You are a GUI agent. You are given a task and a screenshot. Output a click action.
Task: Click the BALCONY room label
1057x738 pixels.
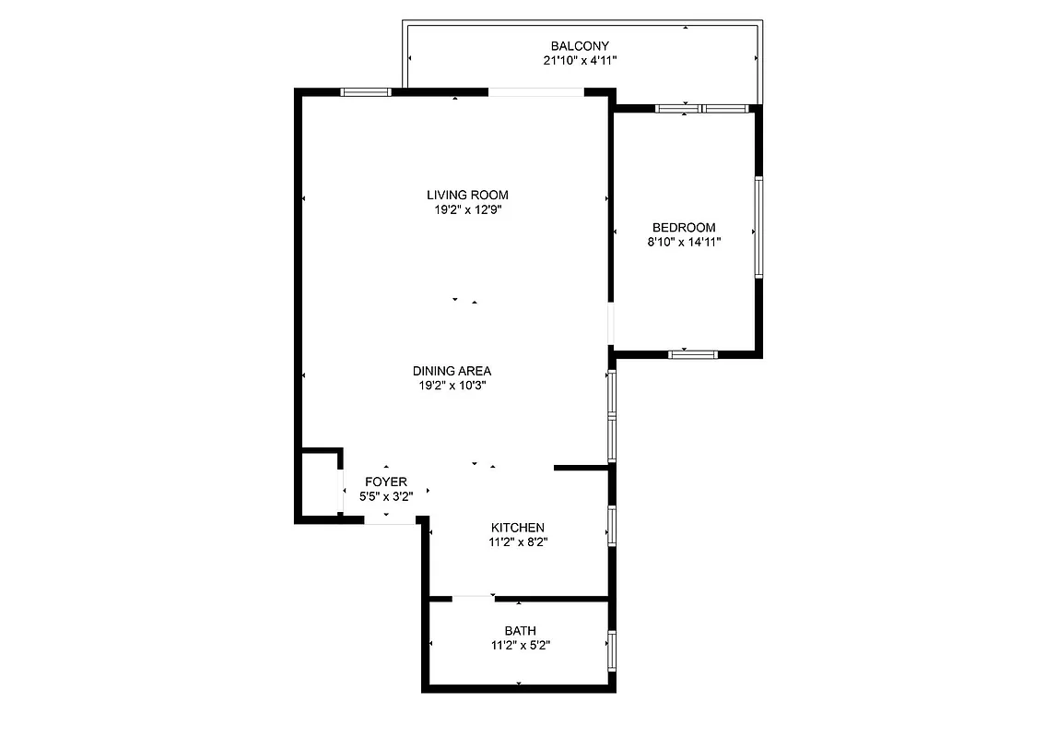point(580,46)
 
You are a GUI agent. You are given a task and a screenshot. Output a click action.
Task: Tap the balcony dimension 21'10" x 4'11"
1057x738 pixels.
point(580,61)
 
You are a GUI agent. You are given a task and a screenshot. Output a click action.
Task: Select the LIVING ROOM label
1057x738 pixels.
point(467,195)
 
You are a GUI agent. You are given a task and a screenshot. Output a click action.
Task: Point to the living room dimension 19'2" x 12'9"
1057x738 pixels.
point(467,209)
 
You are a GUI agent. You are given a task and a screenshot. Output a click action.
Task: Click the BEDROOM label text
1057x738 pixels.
point(684,228)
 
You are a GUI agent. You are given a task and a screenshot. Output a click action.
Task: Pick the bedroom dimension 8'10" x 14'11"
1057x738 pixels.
point(684,243)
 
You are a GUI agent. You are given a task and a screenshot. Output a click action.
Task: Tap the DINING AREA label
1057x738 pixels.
point(452,371)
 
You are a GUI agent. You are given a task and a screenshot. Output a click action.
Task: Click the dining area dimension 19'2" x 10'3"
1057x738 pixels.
point(452,386)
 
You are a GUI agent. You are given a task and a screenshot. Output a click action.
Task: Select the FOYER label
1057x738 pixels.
point(386,482)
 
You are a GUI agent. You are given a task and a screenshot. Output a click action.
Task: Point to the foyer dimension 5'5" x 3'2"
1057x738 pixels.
point(386,496)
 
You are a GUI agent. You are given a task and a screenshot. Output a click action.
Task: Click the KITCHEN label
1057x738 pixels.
point(523,528)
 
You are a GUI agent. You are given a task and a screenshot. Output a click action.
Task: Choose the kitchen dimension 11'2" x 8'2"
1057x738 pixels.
point(523,542)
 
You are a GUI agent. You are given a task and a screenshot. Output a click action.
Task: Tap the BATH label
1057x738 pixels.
point(521,631)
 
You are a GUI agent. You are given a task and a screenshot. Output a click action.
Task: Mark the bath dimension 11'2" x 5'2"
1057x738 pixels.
point(521,646)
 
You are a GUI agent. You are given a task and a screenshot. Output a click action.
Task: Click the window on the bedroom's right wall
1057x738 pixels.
point(758,227)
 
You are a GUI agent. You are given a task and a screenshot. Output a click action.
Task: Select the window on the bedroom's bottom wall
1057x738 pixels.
point(693,353)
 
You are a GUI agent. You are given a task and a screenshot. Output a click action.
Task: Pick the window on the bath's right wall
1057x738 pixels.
point(611,651)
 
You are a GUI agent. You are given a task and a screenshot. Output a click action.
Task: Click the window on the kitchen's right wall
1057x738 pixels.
point(611,525)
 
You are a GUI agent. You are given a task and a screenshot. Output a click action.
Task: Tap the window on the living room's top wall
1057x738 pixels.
point(366,92)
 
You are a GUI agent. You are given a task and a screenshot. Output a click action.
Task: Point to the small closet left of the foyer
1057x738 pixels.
point(321,485)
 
